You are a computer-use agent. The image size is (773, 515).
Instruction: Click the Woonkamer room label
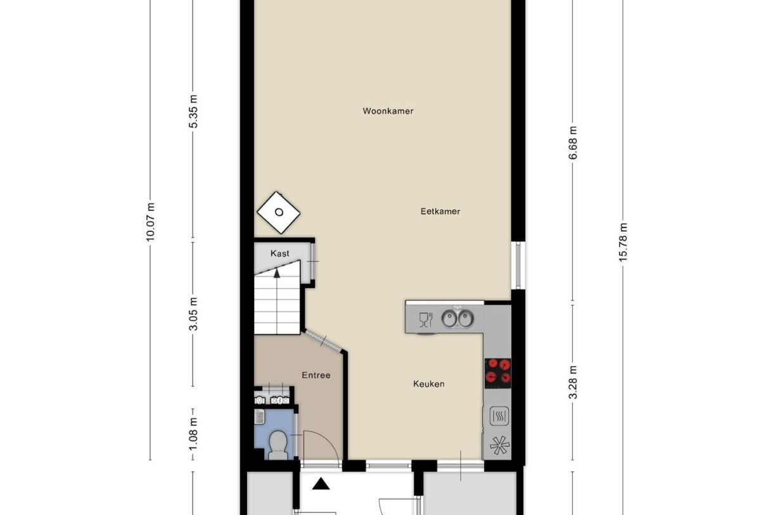pyautogui.click(x=388, y=111)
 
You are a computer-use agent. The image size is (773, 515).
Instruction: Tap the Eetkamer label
pyautogui.click(x=440, y=212)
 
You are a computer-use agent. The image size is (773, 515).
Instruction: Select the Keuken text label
pyautogui.click(x=428, y=384)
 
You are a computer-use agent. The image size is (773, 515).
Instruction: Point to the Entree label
pyautogui.click(x=316, y=375)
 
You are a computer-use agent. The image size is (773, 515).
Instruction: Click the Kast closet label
pyautogui.click(x=279, y=253)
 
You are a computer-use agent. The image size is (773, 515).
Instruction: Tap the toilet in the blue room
pyautogui.click(x=278, y=444)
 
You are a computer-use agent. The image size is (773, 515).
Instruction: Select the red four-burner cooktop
pyautogui.click(x=498, y=373)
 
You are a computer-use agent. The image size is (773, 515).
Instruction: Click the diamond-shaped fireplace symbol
pyautogui.click(x=278, y=213)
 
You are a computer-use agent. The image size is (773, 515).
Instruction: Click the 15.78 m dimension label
pyautogui.click(x=623, y=243)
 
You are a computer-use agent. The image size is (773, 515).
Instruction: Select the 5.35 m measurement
pyautogui.click(x=193, y=112)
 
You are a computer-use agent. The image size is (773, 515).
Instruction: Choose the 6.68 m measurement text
pyautogui.click(x=573, y=143)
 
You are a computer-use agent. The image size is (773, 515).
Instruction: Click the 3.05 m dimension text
pyautogui.click(x=193, y=314)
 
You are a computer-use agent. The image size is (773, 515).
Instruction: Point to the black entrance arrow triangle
pyautogui.click(x=322, y=485)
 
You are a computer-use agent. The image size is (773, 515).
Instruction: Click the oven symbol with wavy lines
pyautogui.click(x=498, y=416)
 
